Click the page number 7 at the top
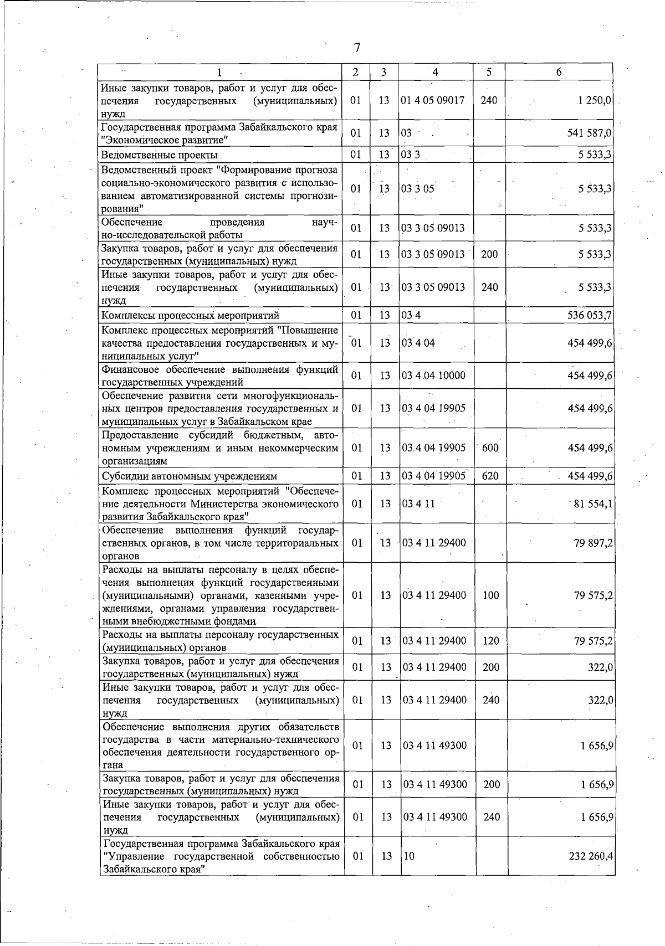point(357,48)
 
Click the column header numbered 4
point(436,72)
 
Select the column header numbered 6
point(559,72)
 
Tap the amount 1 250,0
point(592,100)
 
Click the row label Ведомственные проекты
point(159,155)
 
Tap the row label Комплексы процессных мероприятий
point(190,316)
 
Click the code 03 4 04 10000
point(434,376)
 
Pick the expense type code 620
point(490,476)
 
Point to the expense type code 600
point(490,448)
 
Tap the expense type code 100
point(490,595)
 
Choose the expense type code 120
point(490,641)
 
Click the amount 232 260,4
point(590,856)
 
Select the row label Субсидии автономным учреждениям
point(189,476)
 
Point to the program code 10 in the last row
point(409,856)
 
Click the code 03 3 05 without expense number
point(418,189)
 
